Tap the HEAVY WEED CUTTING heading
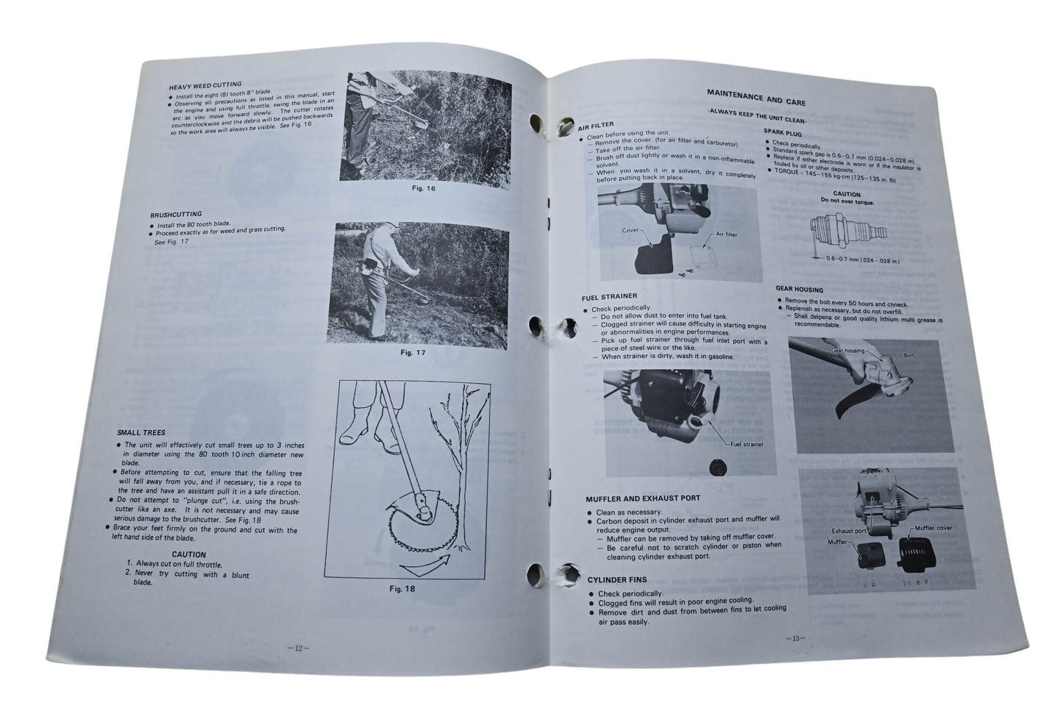coord(205,85)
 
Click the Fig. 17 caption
coord(413,353)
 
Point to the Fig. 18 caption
coord(402,588)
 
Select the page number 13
coord(796,638)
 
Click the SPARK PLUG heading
coord(782,132)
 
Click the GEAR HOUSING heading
coord(799,290)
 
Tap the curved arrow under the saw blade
coord(427,566)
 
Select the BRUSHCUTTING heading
coord(176,215)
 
